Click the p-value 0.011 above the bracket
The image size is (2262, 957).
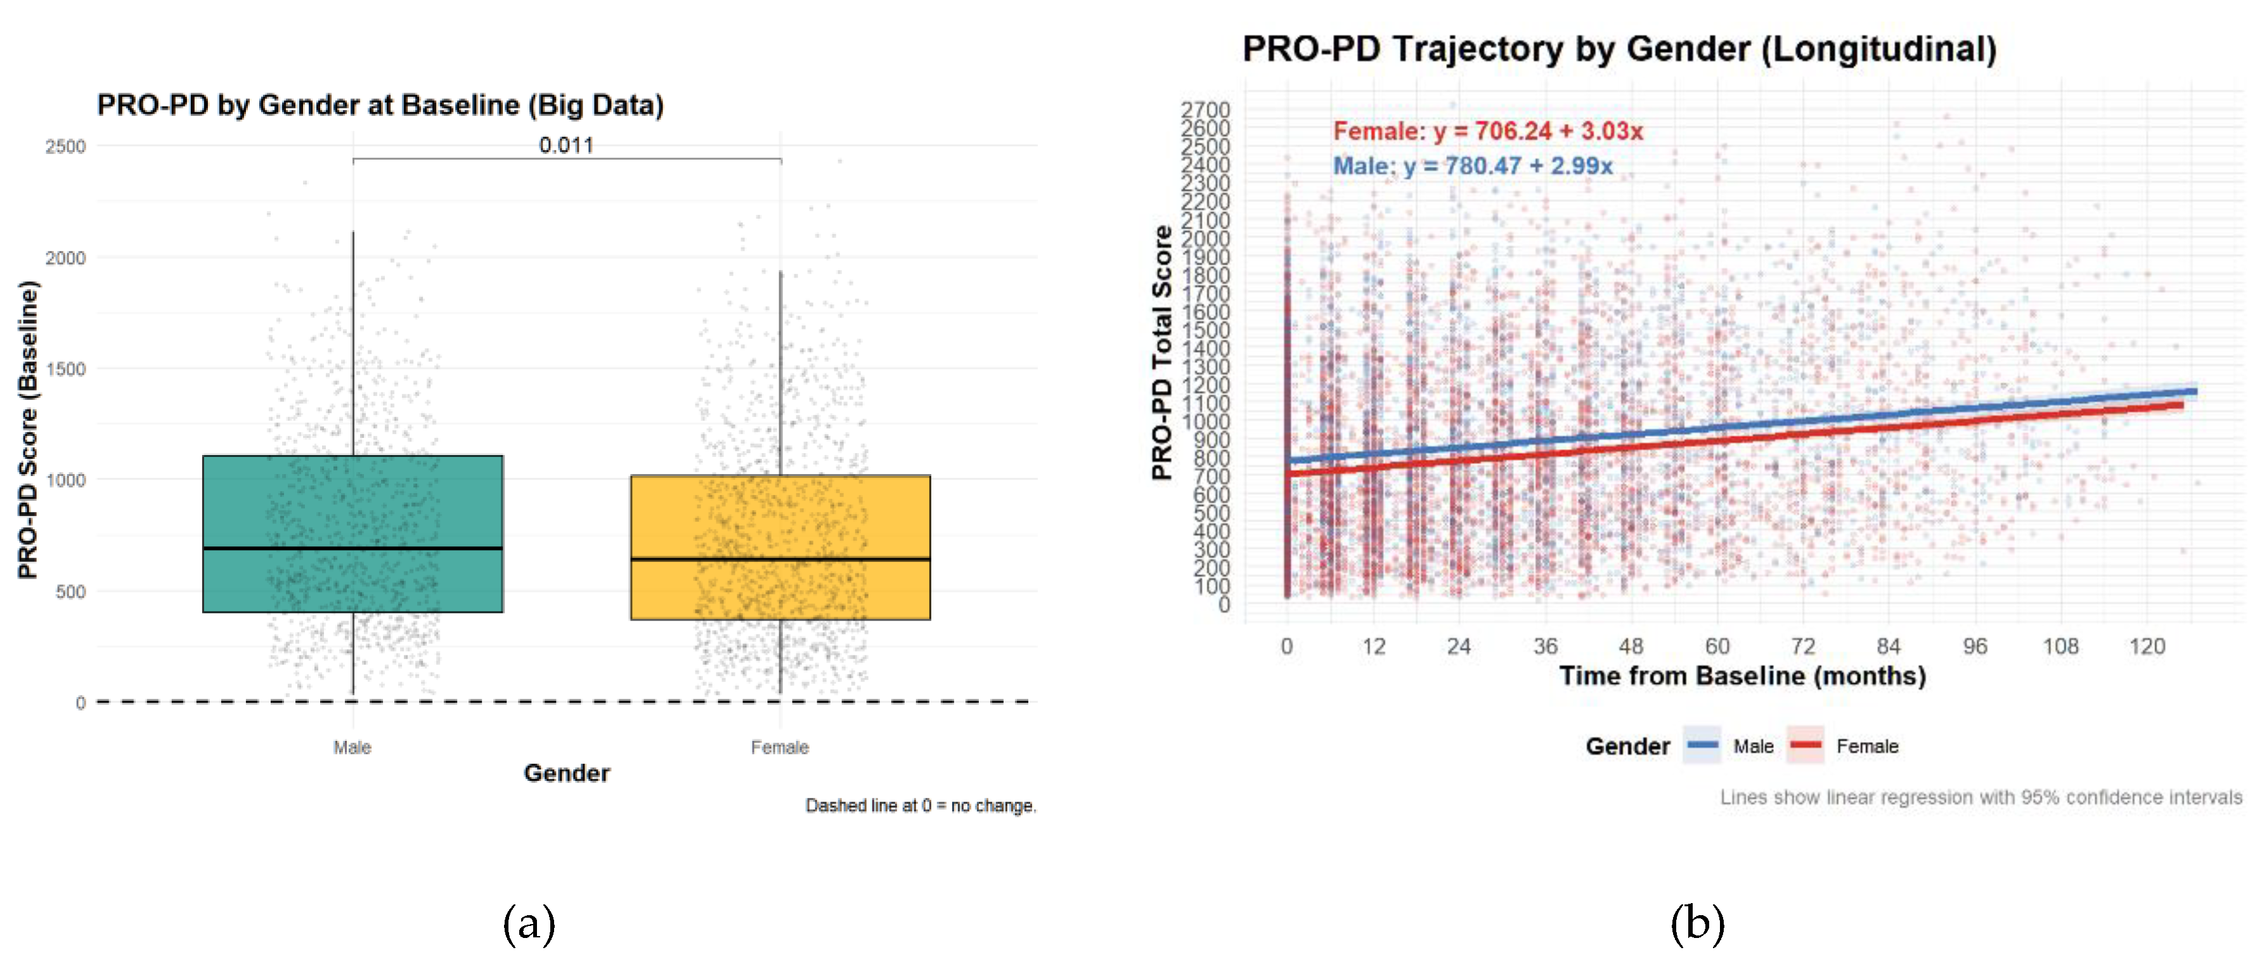pos(566,145)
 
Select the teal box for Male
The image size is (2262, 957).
pos(352,501)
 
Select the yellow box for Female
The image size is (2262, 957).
pos(780,518)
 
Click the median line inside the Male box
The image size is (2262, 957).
pos(352,548)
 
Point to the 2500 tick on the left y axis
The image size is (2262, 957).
pos(66,146)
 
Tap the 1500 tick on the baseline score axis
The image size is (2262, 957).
pos(66,369)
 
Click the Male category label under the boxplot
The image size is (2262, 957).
pos(352,747)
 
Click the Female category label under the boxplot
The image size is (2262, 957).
pos(780,747)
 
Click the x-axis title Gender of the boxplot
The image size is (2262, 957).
pos(566,773)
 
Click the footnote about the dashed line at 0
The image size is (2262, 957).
pos(921,805)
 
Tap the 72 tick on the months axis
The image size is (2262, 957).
pos(1803,646)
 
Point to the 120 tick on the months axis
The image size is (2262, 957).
pos(2147,646)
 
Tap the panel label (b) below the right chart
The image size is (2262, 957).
pos(1696,923)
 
